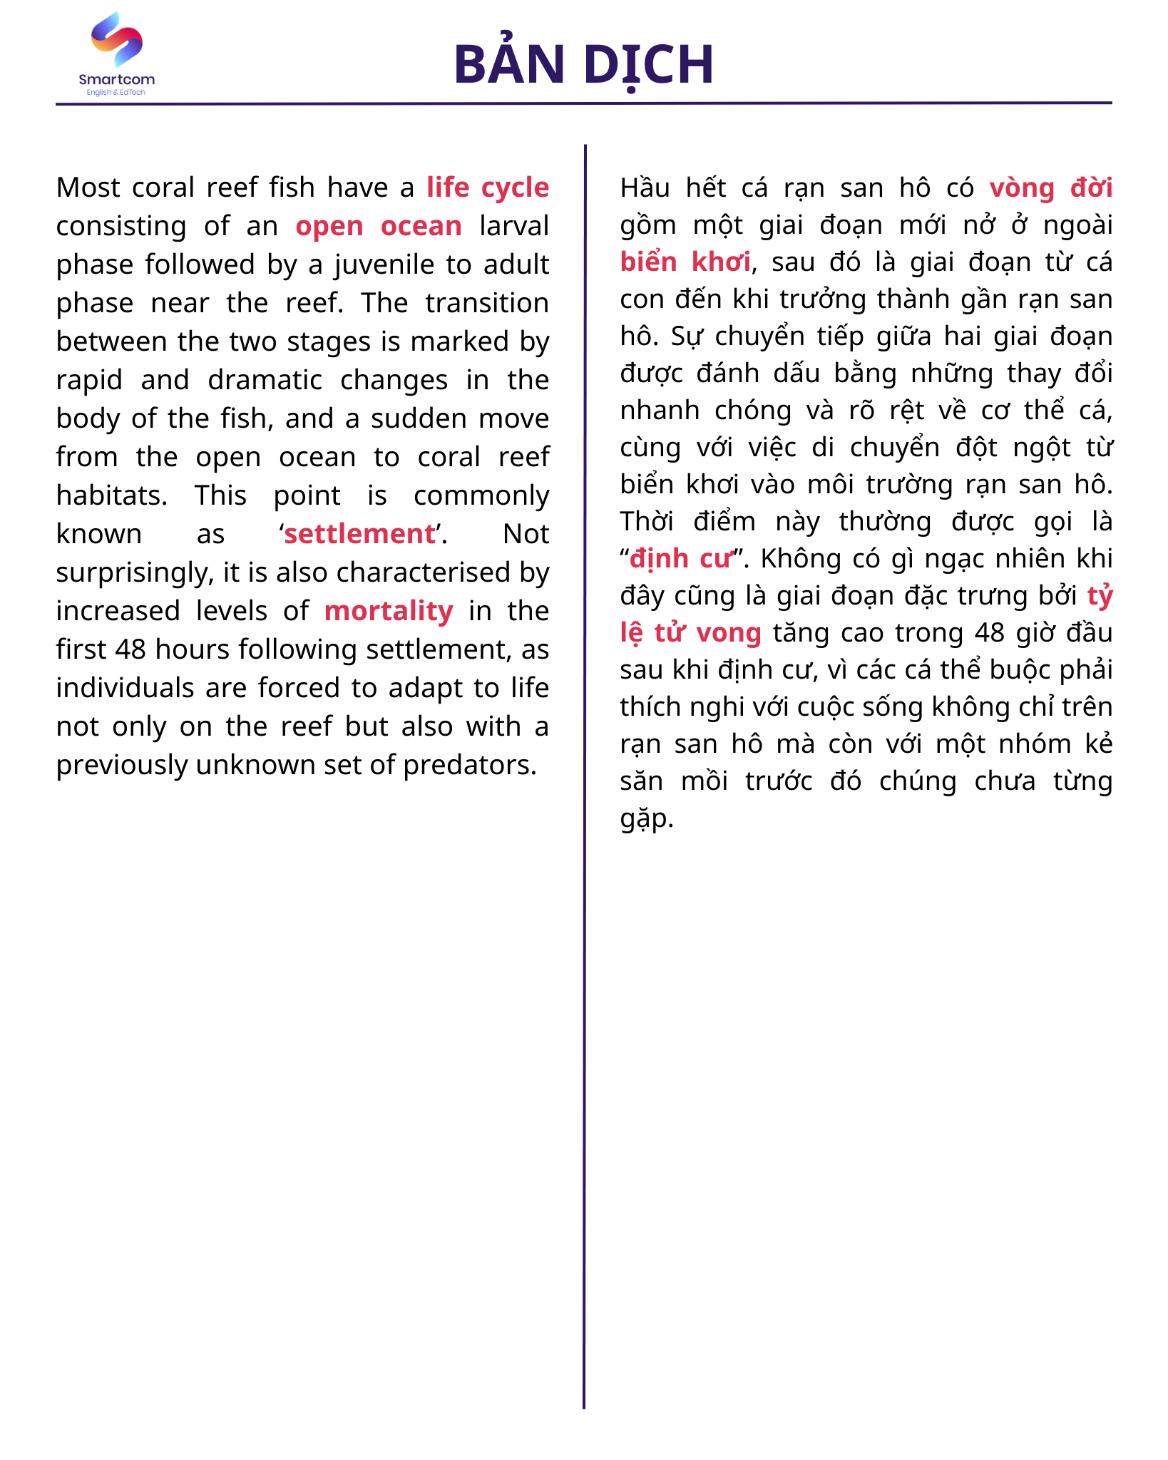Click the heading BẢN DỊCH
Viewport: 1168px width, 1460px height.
pos(583,64)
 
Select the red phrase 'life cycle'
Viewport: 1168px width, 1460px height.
pos(488,187)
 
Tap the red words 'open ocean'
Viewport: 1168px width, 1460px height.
pos(379,226)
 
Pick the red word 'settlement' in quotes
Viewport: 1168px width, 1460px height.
pos(359,534)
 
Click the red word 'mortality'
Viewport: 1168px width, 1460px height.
pos(389,611)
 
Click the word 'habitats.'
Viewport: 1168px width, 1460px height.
pos(112,495)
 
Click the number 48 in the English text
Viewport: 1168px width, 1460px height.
pos(130,649)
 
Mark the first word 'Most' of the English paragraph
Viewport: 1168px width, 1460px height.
pos(88,187)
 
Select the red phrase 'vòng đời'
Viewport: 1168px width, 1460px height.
pos(1050,187)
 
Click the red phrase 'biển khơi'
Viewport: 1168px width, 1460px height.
pos(685,262)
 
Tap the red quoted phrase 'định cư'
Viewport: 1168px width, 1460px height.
pos(681,558)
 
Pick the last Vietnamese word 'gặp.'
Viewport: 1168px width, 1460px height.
pos(646,818)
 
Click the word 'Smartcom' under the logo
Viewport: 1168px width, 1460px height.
pos(117,79)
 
